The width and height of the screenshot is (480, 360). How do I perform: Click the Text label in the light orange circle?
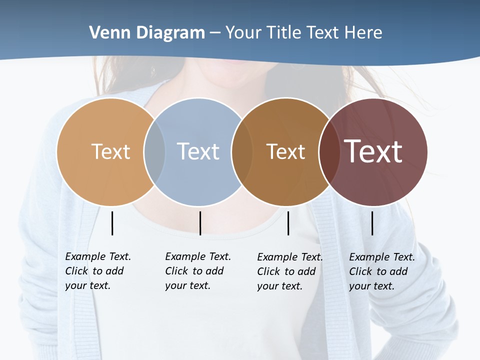110,151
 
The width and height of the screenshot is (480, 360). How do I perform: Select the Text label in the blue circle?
198,151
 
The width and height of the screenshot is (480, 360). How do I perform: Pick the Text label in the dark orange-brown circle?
285,151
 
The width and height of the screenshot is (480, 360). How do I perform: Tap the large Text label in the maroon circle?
373,151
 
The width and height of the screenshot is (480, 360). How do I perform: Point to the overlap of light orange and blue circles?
154,151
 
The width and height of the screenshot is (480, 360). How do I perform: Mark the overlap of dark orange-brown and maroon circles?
328,151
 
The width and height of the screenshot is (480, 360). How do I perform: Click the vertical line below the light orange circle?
112,223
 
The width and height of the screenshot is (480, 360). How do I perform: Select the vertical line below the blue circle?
200,223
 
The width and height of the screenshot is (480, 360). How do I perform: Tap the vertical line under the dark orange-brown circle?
288,223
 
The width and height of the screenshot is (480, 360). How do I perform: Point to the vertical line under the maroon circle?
372,223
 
